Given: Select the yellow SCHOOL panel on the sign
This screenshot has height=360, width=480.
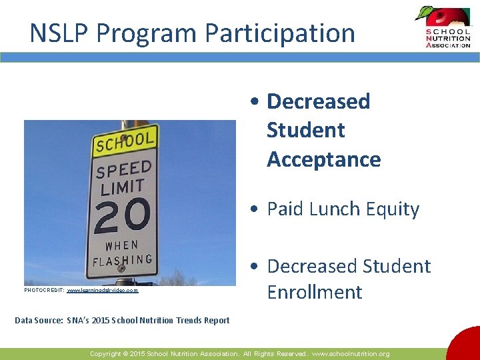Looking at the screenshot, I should pos(125,143).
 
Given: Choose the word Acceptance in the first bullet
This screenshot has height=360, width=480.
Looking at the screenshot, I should pos(323,159).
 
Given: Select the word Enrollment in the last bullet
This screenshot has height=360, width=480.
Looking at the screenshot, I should pos(315,292).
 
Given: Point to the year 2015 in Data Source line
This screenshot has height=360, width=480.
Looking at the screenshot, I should pos(101,321).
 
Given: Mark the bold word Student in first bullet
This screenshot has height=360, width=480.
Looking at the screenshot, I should pos(305,130).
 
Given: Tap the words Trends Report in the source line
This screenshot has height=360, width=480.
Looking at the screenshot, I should pos(203,321).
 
